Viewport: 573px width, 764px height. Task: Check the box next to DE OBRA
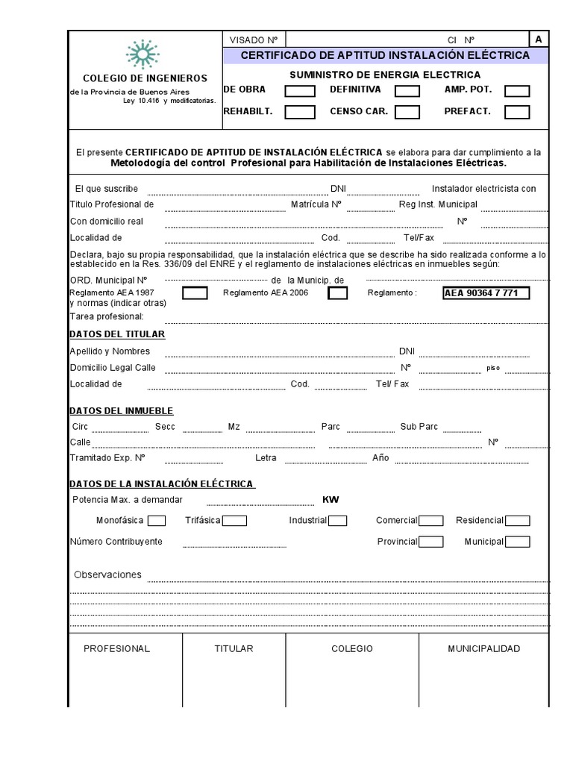click(x=300, y=91)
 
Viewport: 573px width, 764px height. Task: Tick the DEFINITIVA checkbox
click(x=407, y=91)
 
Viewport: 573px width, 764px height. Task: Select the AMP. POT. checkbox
click(x=517, y=91)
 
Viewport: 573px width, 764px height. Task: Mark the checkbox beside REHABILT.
click(x=300, y=113)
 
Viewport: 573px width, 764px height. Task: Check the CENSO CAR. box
click(x=407, y=113)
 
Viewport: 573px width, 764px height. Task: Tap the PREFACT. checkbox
click(x=517, y=113)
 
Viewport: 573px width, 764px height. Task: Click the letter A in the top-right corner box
click(x=538, y=40)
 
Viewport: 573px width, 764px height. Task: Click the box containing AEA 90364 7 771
click(x=486, y=293)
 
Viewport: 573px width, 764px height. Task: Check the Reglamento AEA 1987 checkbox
click(x=195, y=293)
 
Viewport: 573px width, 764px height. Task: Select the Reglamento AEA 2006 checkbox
click(x=338, y=293)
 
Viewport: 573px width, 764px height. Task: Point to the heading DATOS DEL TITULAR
click(x=117, y=334)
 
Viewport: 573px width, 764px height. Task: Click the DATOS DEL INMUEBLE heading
click(x=122, y=411)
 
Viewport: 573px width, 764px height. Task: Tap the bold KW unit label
click(x=331, y=500)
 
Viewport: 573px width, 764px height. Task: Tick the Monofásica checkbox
click(x=157, y=521)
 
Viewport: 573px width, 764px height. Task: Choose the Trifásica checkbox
click(x=234, y=521)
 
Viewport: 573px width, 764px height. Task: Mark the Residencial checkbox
click(x=517, y=521)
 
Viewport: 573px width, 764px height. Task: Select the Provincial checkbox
click(x=430, y=542)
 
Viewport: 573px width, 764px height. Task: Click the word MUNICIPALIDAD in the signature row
click(x=483, y=649)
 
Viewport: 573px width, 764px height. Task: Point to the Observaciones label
click(x=107, y=575)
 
